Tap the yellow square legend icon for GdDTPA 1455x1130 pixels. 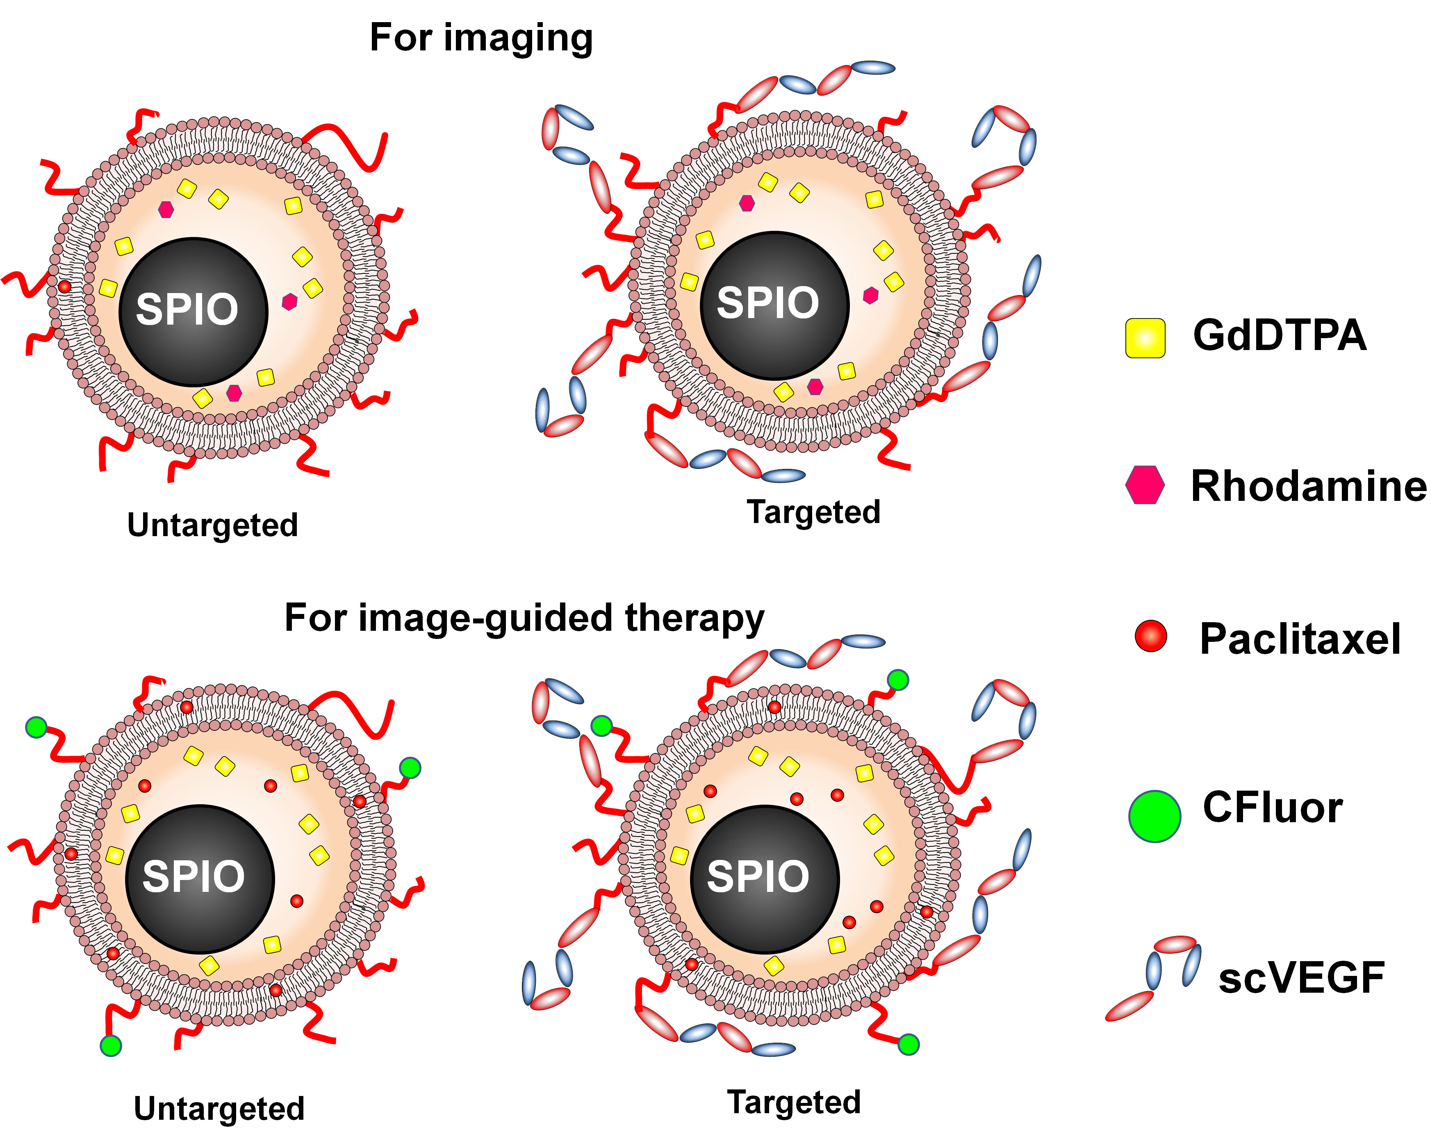(x=1145, y=338)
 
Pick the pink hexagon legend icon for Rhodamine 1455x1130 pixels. (x=1145, y=485)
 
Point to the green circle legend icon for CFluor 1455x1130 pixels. (x=1154, y=816)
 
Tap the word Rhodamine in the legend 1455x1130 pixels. (x=1309, y=486)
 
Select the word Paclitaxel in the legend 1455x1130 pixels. (x=1300, y=639)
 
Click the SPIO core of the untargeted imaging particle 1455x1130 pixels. (x=193, y=311)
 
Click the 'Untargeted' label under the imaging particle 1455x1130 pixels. (x=212, y=525)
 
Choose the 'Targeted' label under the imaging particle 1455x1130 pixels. (x=813, y=512)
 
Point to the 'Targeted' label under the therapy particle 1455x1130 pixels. (x=794, y=1102)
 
